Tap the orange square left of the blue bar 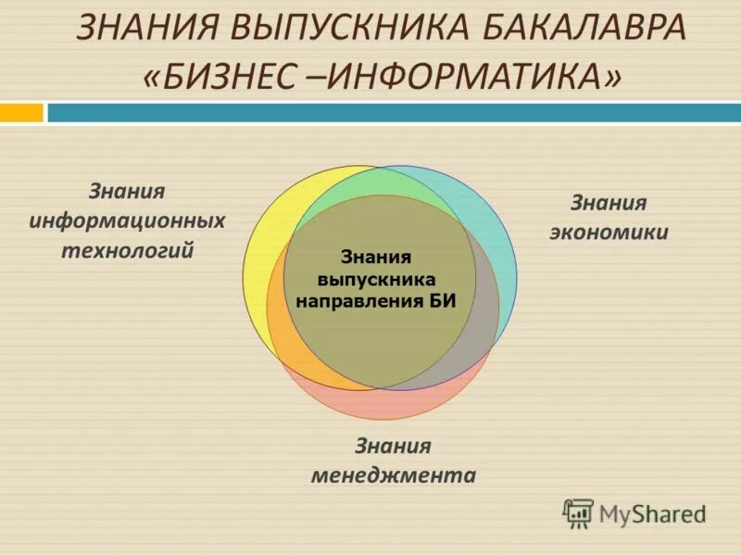point(21,113)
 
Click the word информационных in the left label point(127,221)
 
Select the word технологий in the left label point(127,250)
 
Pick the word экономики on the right point(609,232)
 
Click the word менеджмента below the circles point(393,476)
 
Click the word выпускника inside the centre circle point(375,279)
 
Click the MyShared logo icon point(579,512)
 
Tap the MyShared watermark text point(652,513)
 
